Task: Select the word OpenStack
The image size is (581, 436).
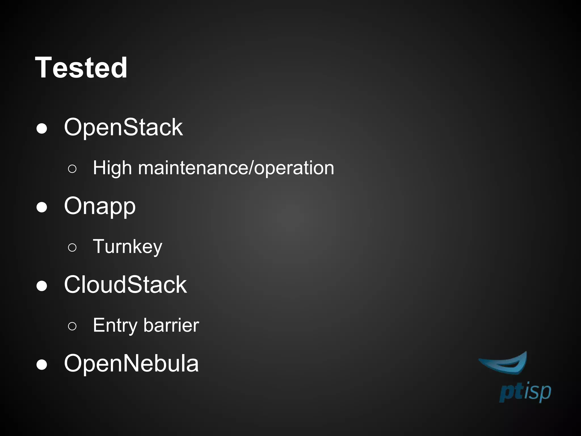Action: click(x=123, y=127)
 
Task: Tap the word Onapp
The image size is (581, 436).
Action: click(x=100, y=206)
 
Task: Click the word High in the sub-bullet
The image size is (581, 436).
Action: click(x=112, y=168)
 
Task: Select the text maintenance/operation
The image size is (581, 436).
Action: click(x=236, y=168)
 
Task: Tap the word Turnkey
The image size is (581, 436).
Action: click(x=128, y=246)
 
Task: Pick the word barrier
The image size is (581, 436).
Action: click(x=171, y=325)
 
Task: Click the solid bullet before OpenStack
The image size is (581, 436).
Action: click(x=42, y=129)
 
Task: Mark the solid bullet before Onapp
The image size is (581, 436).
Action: click(x=42, y=207)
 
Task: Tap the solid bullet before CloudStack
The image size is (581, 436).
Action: click(x=42, y=286)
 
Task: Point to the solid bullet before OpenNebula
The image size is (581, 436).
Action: click(x=42, y=365)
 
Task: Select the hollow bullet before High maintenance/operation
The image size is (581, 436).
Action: click(x=72, y=169)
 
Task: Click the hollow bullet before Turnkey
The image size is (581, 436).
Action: click(x=72, y=248)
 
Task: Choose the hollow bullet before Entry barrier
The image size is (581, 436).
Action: click(x=72, y=326)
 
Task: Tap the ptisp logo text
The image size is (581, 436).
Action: click(x=525, y=393)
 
